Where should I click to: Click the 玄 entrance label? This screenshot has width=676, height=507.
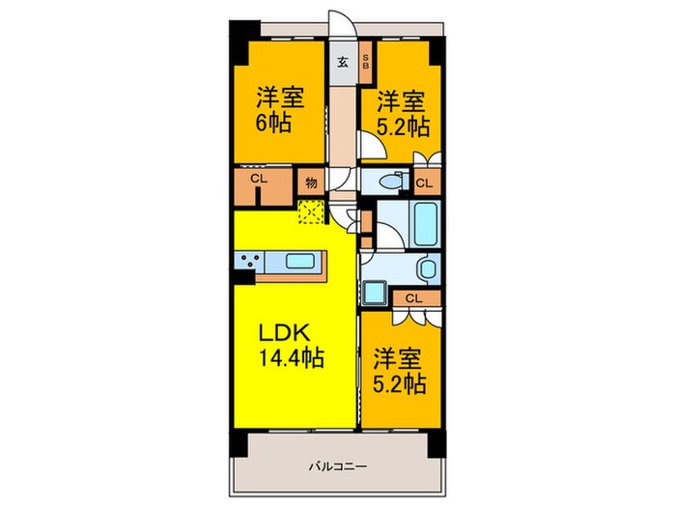tap(342, 64)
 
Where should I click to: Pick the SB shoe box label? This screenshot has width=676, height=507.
tap(365, 63)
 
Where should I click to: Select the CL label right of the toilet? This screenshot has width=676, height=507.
tap(424, 183)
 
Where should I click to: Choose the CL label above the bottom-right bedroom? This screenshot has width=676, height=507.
tap(411, 297)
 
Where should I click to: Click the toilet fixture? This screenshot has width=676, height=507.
tap(389, 181)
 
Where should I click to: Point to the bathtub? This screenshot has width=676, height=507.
tap(426, 225)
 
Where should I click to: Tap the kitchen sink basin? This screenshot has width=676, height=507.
tap(301, 262)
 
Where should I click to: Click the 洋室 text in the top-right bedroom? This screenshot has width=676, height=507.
tap(400, 99)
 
